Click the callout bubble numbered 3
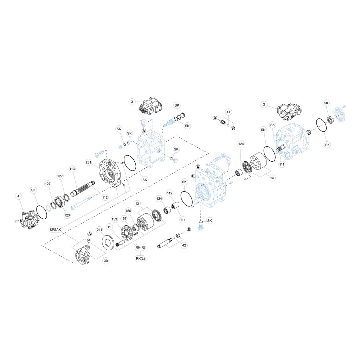132,102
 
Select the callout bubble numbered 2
264,104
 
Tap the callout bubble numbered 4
19,196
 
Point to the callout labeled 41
229,112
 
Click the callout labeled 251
88,162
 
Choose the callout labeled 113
72,169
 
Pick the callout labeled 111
282,164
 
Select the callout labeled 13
137,204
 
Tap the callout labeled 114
183,220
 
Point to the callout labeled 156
128,211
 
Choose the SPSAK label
55,229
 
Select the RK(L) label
140,259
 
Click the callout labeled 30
105,261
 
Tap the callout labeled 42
184,246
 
